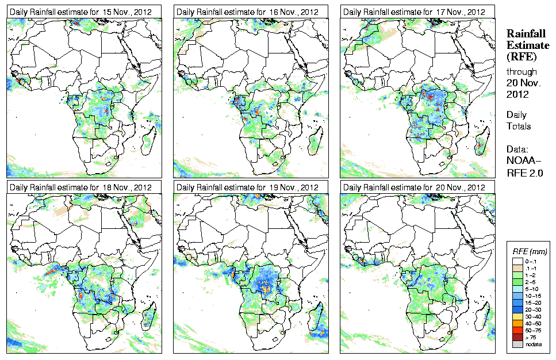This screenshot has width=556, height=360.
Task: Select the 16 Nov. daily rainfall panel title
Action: coord(247,12)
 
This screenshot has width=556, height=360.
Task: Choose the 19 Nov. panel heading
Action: coord(247,187)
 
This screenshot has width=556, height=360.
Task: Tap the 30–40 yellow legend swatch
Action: coord(517,316)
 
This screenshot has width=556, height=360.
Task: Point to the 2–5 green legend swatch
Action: coord(517,282)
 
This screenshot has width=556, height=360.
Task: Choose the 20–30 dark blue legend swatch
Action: coord(517,309)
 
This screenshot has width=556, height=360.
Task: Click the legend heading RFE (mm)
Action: coord(530,251)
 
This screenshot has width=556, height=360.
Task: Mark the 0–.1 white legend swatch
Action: coord(517,261)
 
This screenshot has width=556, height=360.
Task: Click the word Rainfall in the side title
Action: coord(525,33)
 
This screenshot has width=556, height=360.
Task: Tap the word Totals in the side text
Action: coord(519,126)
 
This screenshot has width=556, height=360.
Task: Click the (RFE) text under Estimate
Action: coord(521,56)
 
